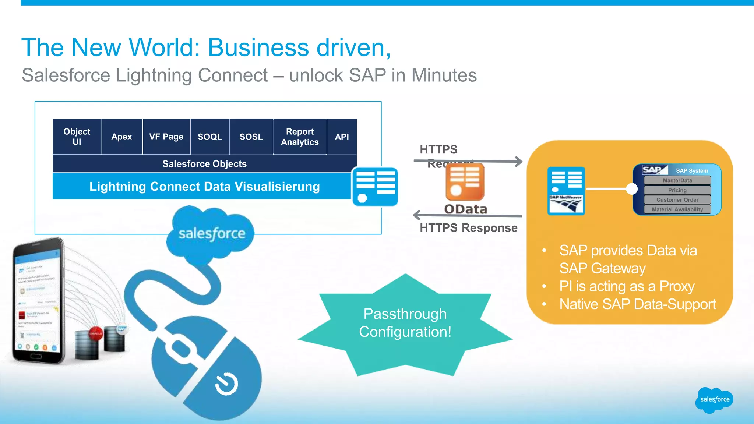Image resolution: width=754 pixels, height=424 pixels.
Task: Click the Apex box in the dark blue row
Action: pyautogui.click(x=121, y=137)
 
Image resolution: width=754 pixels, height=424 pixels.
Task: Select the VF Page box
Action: pyautogui.click(x=166, y=137)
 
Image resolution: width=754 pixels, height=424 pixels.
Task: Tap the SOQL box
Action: pyautogui.click(x=210, y=137)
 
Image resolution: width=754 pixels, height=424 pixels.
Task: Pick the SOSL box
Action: pyautogui.click(x=251, y=137)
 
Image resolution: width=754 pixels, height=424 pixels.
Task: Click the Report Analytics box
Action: pyautogui.click(x=300, y=137)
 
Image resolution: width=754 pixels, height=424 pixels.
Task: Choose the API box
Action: pyautogui.click(x=342, y=137)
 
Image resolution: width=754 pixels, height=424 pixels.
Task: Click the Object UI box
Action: pyautogui.click(x=77, y=137)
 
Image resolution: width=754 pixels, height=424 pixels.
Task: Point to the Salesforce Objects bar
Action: pyautogui.click(x=204, y=164)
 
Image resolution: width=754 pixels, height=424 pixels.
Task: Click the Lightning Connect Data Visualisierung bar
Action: pyautogui.click(x=204, y=186)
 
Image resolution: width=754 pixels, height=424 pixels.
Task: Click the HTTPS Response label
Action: pyautogui.click(x=468, y=228)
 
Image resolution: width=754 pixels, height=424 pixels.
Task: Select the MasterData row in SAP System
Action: pyautogui.click(x=677, y=180)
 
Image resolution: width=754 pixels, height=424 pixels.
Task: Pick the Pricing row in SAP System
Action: pyautogui.click(x=677, y=190)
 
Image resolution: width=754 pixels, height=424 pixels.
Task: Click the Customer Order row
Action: pyautogui.click(x=677, y=200)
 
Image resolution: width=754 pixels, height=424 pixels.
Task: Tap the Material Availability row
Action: pyautogui.click(x=677, y=209)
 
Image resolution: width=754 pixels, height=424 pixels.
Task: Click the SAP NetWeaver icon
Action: pyautogui.click(x=566, y=191)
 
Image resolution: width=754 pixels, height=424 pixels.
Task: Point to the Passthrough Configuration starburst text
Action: pyautogui.click(x=405, y=323)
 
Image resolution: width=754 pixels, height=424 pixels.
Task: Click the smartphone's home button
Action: pyautogui.click(x=36, y=356)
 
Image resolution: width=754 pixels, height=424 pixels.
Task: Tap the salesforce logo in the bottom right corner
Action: pyautogui.click(x=714, y=400)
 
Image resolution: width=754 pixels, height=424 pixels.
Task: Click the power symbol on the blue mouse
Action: pyautogui.click(x=226, y=384)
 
